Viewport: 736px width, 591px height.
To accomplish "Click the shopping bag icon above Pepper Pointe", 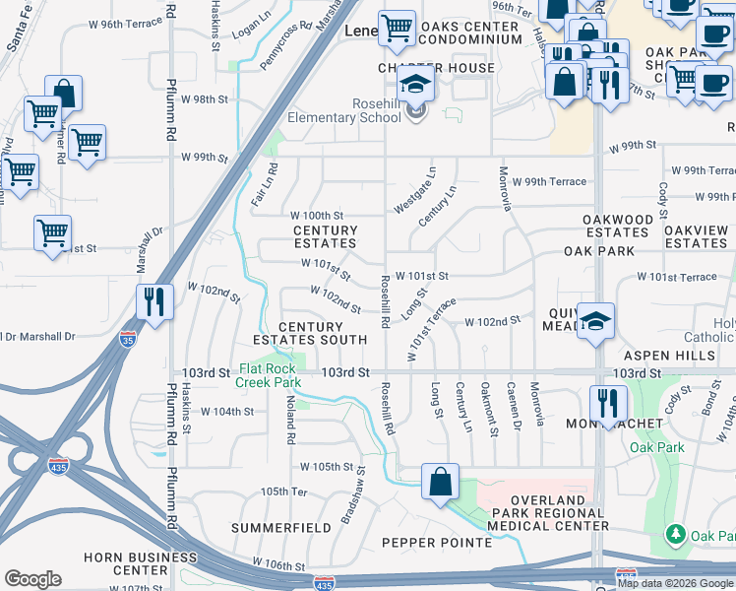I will tap(440, 482).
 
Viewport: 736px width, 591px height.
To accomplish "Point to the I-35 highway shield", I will tap(128, 339).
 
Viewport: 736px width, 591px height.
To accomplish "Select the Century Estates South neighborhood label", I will tap(323, 333).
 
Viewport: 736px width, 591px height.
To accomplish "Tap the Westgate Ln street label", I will tap(414, 190).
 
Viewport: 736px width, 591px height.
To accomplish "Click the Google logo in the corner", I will tap(33, 579).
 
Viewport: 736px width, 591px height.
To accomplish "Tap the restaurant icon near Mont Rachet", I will tap(607, 402).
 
